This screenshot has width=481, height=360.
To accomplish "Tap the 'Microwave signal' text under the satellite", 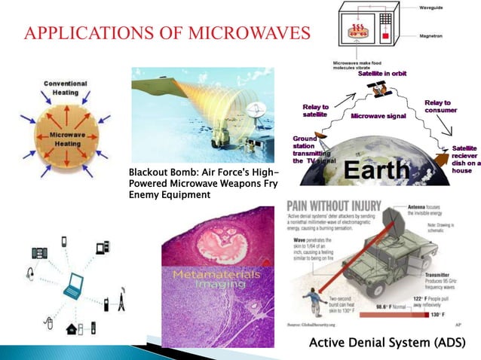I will (x=378, y=117).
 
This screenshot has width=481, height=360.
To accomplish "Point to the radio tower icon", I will (x=121, y=304).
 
